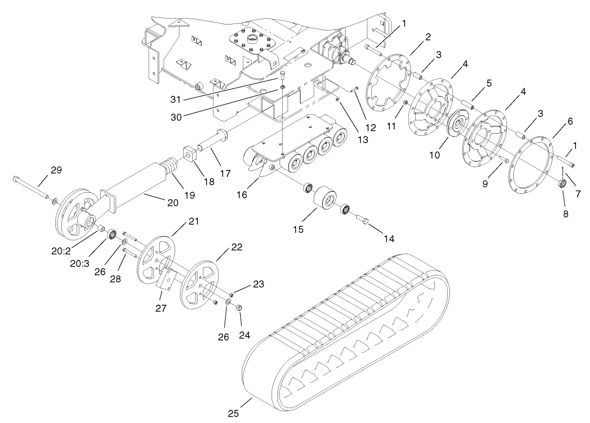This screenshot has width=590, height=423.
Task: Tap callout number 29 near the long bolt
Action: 56,170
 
